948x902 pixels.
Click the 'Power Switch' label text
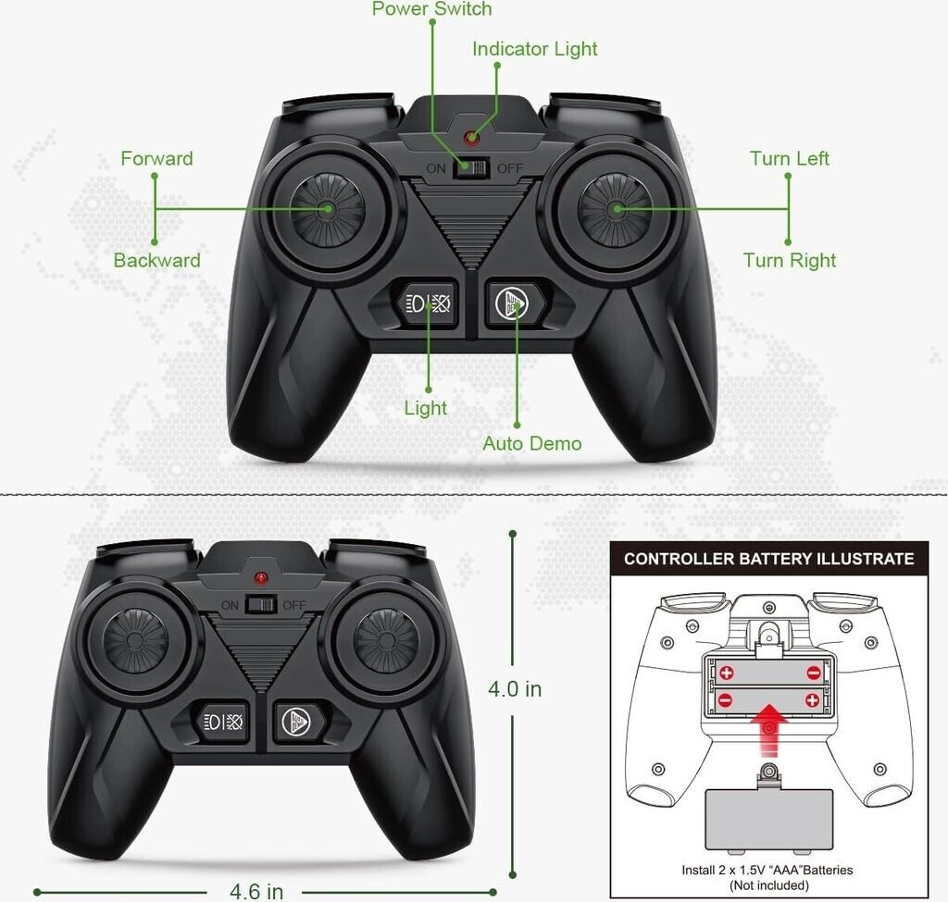click(x=431, y=8)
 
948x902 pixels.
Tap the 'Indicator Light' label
click(x=534, y=49)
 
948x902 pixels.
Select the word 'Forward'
click(x=156, y=158)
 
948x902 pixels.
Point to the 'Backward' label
click(x=156, y=260)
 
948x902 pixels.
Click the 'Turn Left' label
click(x=789, y=158)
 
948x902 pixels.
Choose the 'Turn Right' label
click(x=789, y=260)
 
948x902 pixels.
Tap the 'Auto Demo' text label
click(x=531, y=443)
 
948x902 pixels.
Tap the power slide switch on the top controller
click(x=471, y=168)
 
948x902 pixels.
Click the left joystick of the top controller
click(x=328, y=209)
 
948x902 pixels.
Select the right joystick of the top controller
click(x=616, y=210)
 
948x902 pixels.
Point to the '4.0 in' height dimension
click(x=515, y=688)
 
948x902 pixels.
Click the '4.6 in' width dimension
click(x=256, y=891)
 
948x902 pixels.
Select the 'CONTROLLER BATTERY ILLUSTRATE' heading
click(x=768, y=558)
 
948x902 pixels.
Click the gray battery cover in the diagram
click(x=769, y=820)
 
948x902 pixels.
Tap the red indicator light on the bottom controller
click(x=260, y=578)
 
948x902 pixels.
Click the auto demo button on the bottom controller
click(x=297, y=722)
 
